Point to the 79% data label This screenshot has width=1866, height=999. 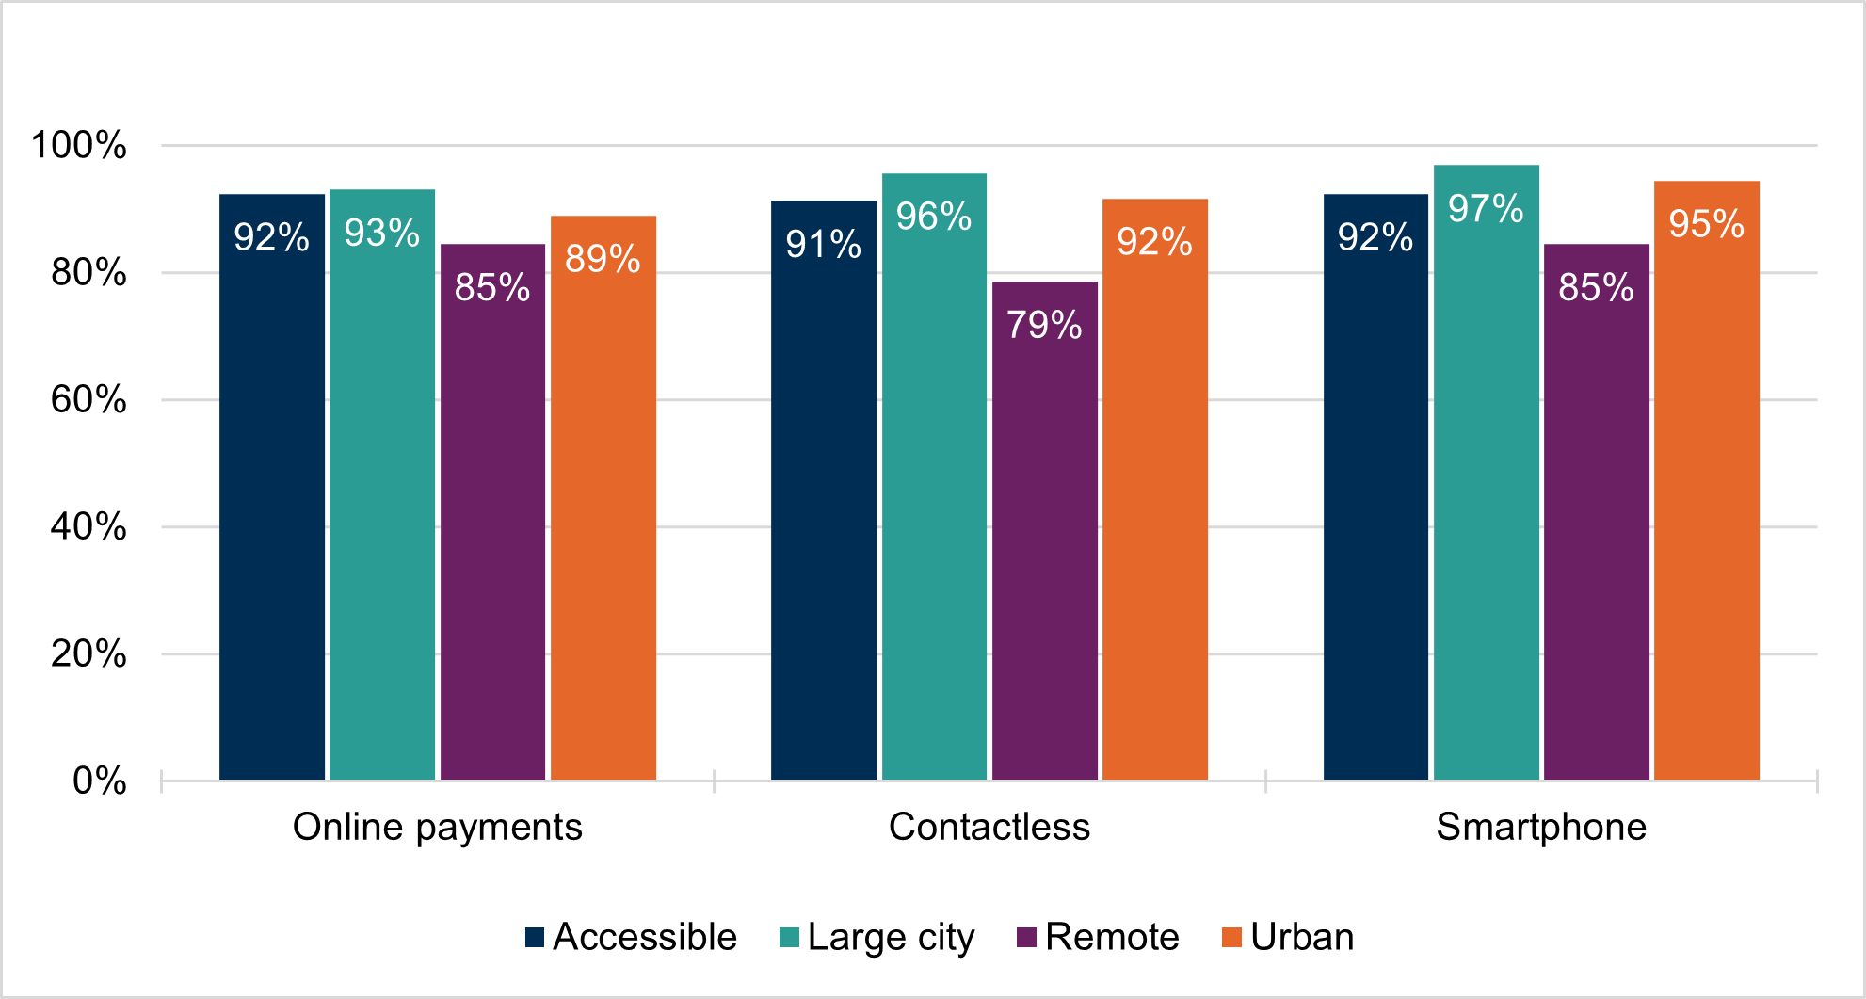tap(1044, 325)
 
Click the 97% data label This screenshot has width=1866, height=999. tap(1486, 209)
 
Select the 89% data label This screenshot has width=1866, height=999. tap(603, 259)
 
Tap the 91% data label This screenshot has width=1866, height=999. tap(823, 245)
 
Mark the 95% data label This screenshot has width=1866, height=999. tap(1706, 224)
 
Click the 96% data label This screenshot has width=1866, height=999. tap(933, 217)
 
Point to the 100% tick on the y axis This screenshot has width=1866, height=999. tap(79, 145)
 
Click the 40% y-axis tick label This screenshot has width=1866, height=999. tap(88, 526)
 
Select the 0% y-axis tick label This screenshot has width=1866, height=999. tap(99, 781)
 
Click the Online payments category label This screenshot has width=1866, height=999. tap(438, 827)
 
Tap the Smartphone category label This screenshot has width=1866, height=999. tap(1541, 827)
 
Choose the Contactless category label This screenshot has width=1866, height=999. tap(989, 827)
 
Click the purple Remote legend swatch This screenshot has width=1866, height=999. tap(1027, 937)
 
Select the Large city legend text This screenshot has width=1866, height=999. tap(891, 938)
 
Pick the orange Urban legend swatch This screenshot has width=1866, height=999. tap(1231, 937)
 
